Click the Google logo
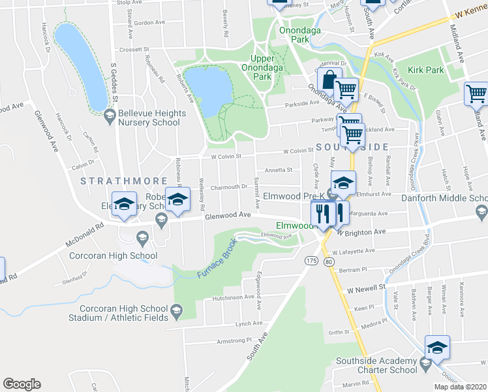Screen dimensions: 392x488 click(22, 384)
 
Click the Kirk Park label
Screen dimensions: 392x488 click(425, 70)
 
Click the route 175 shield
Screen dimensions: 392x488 click(310, 261)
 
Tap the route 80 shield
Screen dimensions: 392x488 click(329, 261)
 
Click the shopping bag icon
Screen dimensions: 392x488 click(330, 80)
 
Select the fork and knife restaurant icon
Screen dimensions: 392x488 click(324, 213)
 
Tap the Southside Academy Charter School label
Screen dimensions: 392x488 click(376, 365)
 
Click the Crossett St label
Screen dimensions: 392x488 click(133, 49)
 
